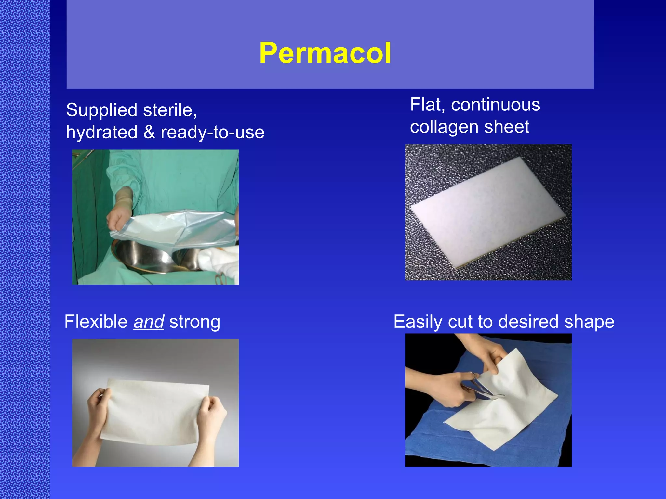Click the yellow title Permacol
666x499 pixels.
pyautogui.click(x=325, y=53)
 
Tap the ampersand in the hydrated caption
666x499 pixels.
pyautogui.click(x=149, y=133)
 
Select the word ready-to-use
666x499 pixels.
pyautogui.click(x=212, y=133)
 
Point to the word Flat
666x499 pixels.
pyautogui.click(x=427, y=105)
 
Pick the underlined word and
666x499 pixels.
pyautogui.click(x=149, y=322)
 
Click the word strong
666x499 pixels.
pyautogui.click(x=194, y=322)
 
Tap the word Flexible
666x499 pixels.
pyautogui.click(x=96, y=322)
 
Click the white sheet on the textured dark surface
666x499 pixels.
pyautogui.click(x=488, y=211)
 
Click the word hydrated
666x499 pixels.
pyautogui.click(x=101, y=133)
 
